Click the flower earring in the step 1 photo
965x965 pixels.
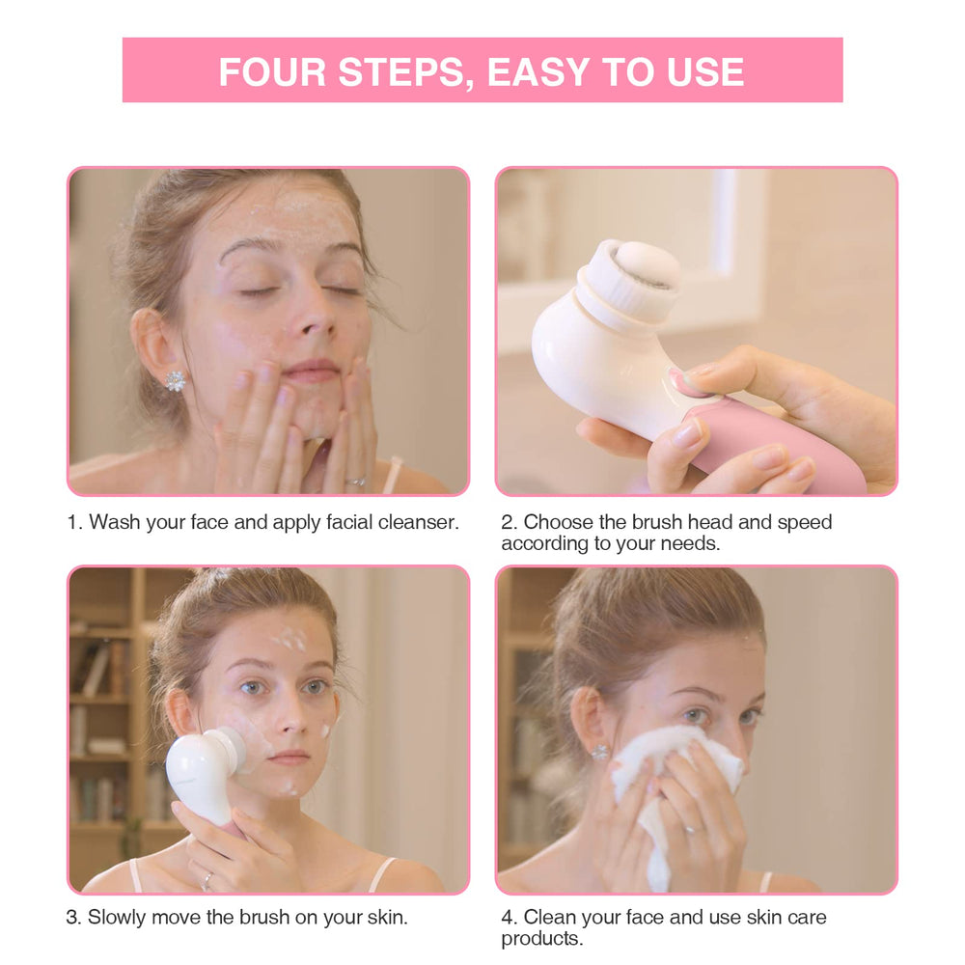[x=175, y=380]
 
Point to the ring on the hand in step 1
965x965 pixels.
[x=356, y=482]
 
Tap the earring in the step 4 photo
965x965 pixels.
[x=600, y=752]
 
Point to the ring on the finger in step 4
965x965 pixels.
[x=692, y=831]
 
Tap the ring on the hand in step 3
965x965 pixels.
[x=207, y=881]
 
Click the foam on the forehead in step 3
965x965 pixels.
[x=289, y=639]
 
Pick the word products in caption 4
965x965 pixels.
[x=541, y=939]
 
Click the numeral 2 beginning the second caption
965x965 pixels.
[x=508, y=522]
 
